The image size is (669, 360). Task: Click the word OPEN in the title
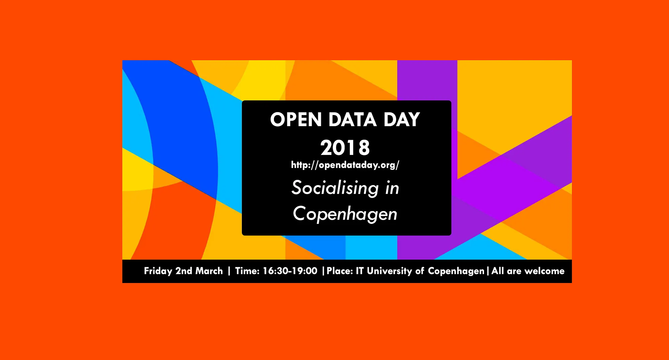coord(296,120)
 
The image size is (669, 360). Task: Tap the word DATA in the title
coord(353,120)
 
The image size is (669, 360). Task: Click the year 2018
coord(345,148)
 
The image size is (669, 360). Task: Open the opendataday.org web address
coord(345,165)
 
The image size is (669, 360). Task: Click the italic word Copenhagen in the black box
coord(345,214)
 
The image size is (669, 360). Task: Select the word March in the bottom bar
coord(209,271)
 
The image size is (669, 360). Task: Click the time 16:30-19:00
coord(290,271)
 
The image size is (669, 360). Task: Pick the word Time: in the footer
coord(247,271)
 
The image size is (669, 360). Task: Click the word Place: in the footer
coord(340,271)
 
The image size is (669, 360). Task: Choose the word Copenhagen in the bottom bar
coord(456,271)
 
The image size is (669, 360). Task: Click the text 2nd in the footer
coord(184,271)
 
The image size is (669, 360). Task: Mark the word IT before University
coord(360,271)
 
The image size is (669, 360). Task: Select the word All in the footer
coord(498,271)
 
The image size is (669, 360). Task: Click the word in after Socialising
coord(392,188)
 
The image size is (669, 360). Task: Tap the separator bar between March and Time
coord(229,271)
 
